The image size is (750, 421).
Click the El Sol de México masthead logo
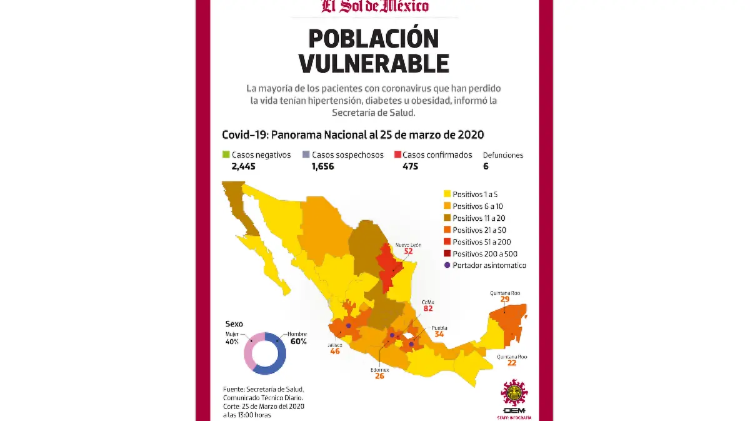click(x=375, y=6)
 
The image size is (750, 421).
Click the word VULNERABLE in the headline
click(x=374, y=63)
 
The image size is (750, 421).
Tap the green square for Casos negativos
click(x=226, y=155)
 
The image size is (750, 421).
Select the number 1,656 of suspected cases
click(x=324, y=166)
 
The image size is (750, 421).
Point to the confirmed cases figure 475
click(x=402, y=166)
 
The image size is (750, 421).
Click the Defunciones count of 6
click(x=486, y=166)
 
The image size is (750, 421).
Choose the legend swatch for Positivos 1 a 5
click(x=447, y=195)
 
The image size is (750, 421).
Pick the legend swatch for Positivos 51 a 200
click(x=447, y=242)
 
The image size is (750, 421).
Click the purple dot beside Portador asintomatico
click(x=447, y=265)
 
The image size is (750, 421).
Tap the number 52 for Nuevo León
click(x=408, y=251)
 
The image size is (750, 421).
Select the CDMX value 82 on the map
click(x=427, y=309)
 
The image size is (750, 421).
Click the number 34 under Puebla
click(x=439, y=334)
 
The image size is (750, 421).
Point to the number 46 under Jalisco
click(x=335, y=352)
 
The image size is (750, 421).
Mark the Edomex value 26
click(x=379, y=376)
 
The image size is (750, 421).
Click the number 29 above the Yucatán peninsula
click(x=504, y=300)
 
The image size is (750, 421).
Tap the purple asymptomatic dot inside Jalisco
click(x=348, y=325)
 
